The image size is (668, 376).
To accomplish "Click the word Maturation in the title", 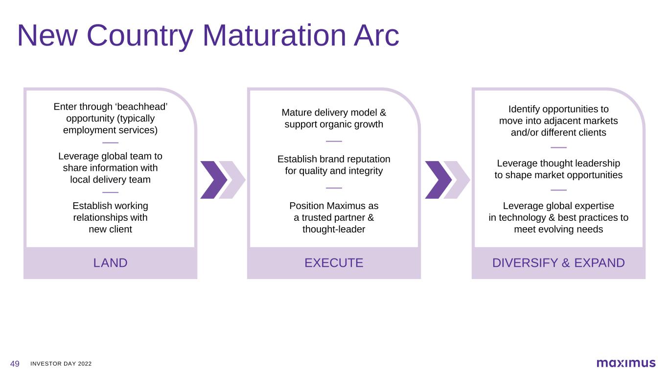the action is pos(275,36).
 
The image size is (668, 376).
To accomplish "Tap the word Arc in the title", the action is pos(376,36).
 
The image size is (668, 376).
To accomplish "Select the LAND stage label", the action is pos(110,263).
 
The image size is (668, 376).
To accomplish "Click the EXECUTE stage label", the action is pos(334,263).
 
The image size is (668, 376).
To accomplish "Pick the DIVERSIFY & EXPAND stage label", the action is pos(558,263).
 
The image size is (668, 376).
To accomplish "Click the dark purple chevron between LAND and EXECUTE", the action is pos(213,180).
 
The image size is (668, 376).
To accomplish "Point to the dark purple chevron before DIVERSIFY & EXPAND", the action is pos(438,180).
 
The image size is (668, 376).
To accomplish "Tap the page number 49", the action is pos(15,364).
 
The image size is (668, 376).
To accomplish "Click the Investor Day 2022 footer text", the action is pos(61,364).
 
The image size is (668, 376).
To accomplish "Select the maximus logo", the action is pos(626,363).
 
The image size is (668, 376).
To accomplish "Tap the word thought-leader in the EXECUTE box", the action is pos(334,229).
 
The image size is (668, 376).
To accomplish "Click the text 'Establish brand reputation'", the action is pos(334,159).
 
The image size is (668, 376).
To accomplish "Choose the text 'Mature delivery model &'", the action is pos(334,113).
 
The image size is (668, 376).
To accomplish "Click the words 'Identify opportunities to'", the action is pos(558,109).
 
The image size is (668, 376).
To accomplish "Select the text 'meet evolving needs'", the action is pos(558,229).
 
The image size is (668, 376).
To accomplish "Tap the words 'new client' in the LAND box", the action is pos(110,229).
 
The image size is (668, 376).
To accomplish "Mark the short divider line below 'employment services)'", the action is pos(110,142).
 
